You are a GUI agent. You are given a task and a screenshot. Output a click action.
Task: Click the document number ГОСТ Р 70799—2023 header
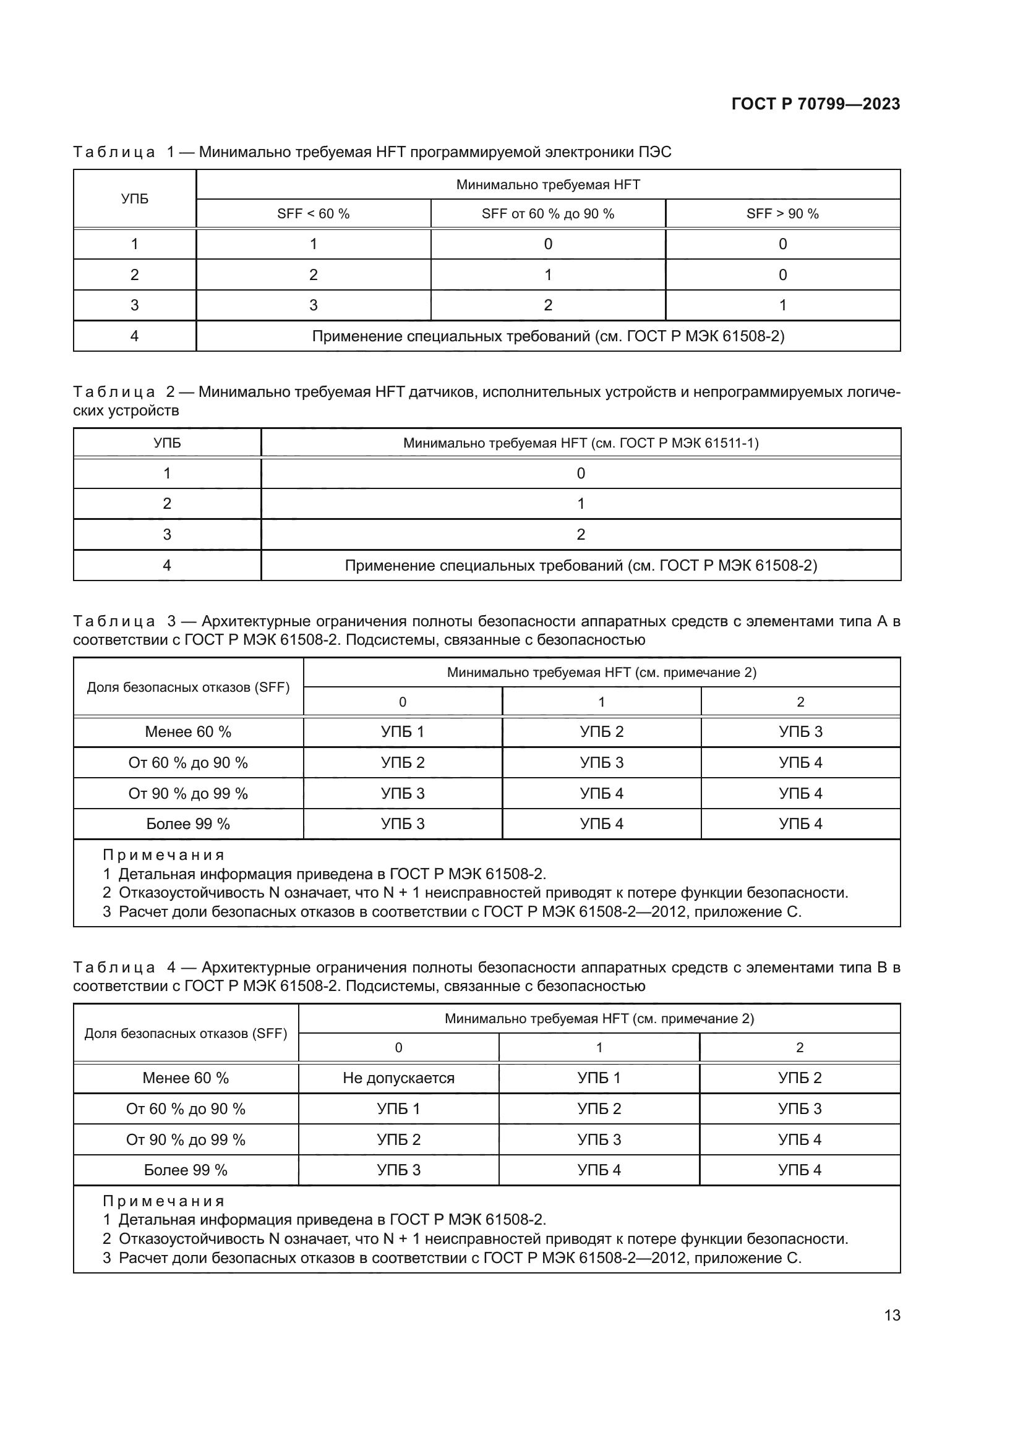coord(815,104)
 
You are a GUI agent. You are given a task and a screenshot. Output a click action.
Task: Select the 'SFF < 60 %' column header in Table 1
coord(313,213)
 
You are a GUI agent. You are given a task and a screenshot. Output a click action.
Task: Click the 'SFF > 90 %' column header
coord(782,213)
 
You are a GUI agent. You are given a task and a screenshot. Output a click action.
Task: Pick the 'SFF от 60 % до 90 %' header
coord(547,213)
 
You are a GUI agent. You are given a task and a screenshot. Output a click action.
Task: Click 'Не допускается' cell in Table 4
coord(398,1078)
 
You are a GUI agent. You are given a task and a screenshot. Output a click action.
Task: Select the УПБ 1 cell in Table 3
coord(403,732)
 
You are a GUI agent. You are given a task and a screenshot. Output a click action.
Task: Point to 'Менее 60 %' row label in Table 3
coord(188,732)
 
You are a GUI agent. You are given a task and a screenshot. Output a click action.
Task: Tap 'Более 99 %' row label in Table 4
coord(185,1170)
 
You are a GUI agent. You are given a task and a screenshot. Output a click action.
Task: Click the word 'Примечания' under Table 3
coord(164,855)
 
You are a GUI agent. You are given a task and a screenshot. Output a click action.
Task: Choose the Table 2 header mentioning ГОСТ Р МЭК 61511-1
coord(580,443)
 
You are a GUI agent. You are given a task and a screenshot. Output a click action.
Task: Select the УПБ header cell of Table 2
coord(167,443)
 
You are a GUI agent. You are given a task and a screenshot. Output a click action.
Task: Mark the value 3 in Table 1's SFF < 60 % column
coord(313,305)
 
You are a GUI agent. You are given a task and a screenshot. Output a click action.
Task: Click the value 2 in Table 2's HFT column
coord(580,535)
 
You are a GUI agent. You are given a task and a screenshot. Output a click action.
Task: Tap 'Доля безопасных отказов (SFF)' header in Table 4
coord(185,1034)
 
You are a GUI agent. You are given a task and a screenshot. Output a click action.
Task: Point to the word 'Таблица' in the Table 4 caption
coord(114,968)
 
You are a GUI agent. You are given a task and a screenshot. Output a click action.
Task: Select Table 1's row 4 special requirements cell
coord(547,336)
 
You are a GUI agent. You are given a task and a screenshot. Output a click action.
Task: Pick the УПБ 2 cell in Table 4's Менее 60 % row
coord(799,1078)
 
